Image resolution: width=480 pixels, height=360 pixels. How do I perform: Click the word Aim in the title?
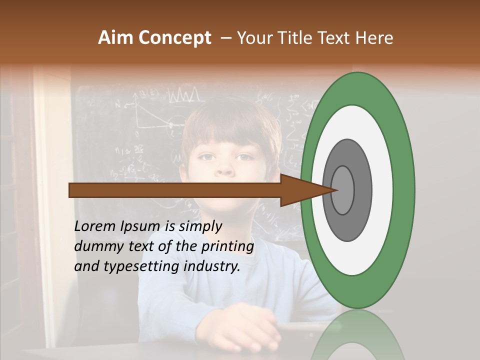pos(115,38)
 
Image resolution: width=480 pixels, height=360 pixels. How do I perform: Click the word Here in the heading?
pos(375,38)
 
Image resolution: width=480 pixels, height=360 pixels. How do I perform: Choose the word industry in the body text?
pos(210,266)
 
